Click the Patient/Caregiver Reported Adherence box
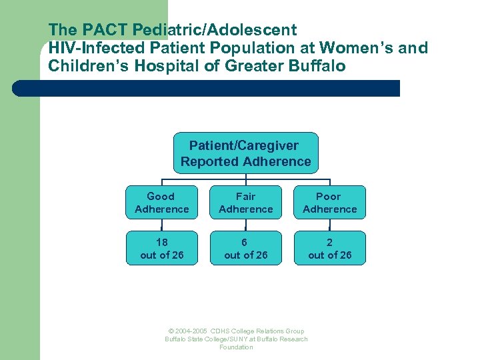coord(245,153)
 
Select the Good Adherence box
coord(161,203)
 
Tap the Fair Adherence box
coord(245,203)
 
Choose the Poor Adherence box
coord(329,203)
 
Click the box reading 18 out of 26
coord(161,248)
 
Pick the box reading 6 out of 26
coord(245,248)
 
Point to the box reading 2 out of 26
coord(329,248)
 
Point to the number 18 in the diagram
coord(161,242)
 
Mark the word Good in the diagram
coord(161,197)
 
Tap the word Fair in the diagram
coord(245,197)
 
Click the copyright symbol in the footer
coord(171,331)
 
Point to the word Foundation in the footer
coord(236,347)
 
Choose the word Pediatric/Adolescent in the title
coord(215,30)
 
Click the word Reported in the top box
coord(210,161)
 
